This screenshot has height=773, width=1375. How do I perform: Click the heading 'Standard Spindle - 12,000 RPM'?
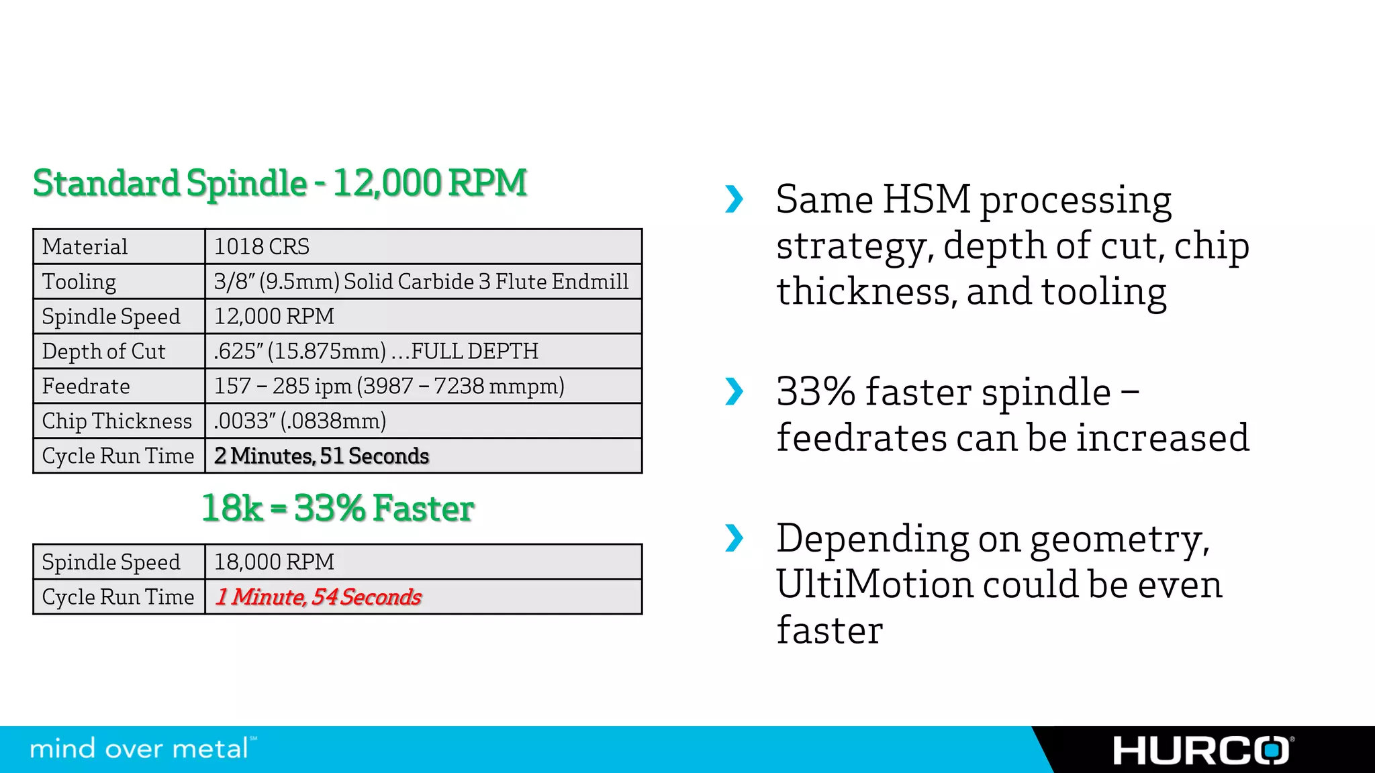280,183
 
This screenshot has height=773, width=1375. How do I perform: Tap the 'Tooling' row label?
79,282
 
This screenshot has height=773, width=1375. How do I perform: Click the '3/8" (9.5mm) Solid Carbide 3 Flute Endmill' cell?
421,282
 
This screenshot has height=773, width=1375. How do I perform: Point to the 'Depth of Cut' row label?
103,352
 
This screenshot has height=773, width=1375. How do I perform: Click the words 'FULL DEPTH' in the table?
475,352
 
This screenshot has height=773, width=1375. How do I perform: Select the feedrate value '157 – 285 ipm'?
283,386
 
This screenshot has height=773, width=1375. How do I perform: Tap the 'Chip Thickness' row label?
117,421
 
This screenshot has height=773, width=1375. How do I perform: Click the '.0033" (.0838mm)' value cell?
300,421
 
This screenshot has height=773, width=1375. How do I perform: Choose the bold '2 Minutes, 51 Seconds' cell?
322,456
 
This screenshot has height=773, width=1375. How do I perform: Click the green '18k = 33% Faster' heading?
338,508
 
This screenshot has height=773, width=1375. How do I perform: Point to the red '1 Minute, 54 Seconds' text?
318,597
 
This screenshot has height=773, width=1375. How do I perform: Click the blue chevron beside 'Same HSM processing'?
734,199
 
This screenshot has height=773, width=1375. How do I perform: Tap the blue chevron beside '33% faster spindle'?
734,392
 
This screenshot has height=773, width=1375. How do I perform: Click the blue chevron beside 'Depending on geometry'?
734,538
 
